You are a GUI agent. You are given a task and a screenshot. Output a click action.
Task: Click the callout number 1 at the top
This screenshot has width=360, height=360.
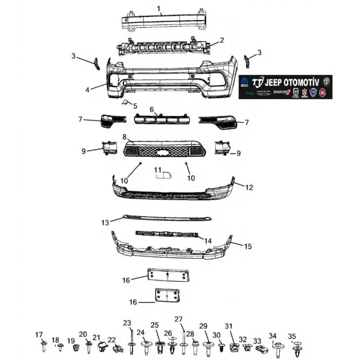159,8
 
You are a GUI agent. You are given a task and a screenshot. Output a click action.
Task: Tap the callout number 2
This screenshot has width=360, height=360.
222,40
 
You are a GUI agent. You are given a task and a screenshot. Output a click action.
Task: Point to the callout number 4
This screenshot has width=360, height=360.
87,89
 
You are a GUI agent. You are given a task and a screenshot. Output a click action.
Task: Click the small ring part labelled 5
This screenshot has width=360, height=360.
124,103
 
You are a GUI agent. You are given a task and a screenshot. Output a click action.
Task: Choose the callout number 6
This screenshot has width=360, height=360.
152,110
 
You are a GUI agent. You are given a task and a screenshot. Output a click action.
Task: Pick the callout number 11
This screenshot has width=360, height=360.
158,170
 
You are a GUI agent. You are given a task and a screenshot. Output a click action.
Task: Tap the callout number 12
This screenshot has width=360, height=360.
249,188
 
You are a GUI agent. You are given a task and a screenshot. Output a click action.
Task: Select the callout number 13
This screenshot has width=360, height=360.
105,223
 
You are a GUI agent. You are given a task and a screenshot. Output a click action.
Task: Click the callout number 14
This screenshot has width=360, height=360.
207,241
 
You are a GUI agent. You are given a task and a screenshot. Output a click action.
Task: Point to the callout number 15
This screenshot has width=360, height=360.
247,247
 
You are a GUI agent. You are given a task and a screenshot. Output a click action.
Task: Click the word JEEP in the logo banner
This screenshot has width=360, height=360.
278,82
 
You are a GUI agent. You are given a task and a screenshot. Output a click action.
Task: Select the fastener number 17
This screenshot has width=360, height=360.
39,335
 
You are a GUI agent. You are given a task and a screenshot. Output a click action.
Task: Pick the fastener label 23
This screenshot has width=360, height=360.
127,323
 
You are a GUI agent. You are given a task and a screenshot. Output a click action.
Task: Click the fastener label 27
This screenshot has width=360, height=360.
178,319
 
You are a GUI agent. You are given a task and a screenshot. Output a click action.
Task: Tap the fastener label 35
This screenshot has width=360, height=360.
292,336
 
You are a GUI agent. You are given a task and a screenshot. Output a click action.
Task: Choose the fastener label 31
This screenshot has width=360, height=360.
229,326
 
